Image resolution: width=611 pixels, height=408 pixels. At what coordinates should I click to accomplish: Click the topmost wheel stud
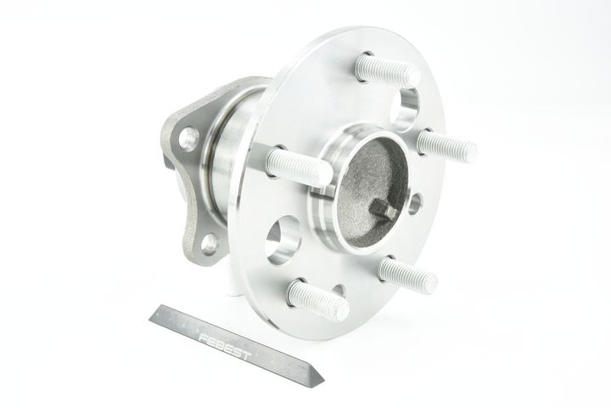388,71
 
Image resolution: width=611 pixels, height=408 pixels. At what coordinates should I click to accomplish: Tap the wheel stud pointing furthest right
446,146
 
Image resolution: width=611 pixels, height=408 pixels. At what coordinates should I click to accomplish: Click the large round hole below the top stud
405,109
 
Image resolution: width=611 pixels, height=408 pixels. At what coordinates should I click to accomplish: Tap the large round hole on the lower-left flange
283,240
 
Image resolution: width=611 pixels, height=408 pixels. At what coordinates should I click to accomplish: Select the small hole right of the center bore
415,203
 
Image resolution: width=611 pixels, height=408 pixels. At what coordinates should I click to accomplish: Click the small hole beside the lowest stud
339,290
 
